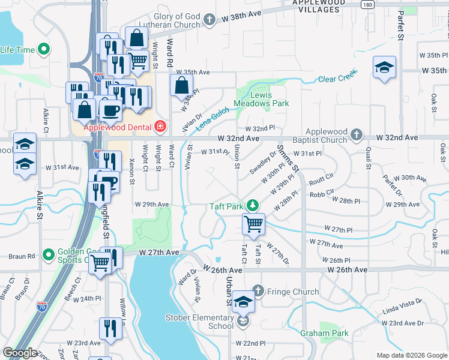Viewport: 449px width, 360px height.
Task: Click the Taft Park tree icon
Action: tap(253, 206)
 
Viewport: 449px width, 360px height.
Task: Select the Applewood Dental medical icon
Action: tap(160, 127)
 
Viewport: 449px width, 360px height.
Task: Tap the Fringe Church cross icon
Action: tap(258, 292)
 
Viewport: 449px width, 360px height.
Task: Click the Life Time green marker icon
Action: tap(43, 50)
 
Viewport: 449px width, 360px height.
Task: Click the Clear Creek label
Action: tap(337, 78)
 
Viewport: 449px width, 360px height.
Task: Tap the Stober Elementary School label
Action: tap(200, 322)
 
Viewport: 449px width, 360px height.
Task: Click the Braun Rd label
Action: tap(22, 256)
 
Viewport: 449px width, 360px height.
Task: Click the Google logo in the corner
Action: tap(20, 353)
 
